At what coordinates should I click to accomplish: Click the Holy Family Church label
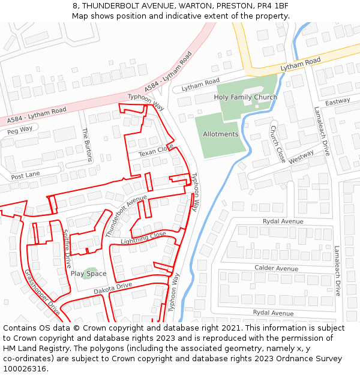(x=245, y=97)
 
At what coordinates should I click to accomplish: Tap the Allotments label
(x=220, y=134)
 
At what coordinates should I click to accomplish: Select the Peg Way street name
(x=20, y=129)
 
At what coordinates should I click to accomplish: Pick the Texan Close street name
(x=155, y=151)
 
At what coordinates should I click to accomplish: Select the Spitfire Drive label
(x=67, y=248)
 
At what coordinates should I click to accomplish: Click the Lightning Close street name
(x=143, y=238)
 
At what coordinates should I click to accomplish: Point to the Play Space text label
(x=88, y=274)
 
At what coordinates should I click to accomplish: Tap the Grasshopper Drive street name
(x=43, y=292)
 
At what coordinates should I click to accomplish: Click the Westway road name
(x=301, y=157)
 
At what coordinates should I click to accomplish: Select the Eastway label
(x=337, y=102)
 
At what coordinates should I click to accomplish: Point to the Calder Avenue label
(x=276, y=268)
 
